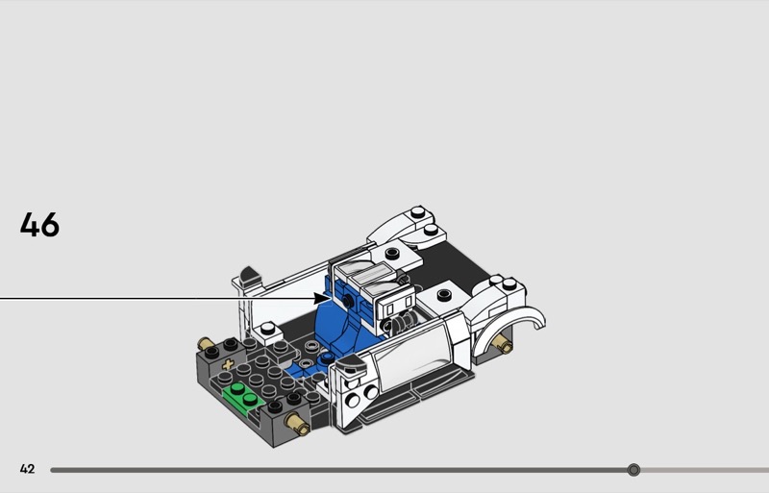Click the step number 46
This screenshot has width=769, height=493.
39,225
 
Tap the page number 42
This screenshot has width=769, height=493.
28,469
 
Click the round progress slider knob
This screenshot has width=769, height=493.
633,470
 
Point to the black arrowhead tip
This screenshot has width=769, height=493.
332,298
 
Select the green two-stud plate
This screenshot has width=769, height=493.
243,396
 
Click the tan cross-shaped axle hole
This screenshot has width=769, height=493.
228,364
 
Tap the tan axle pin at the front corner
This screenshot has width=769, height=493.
298,425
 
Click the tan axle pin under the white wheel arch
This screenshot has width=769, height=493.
503,344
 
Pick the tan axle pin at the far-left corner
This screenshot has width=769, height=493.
207,343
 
